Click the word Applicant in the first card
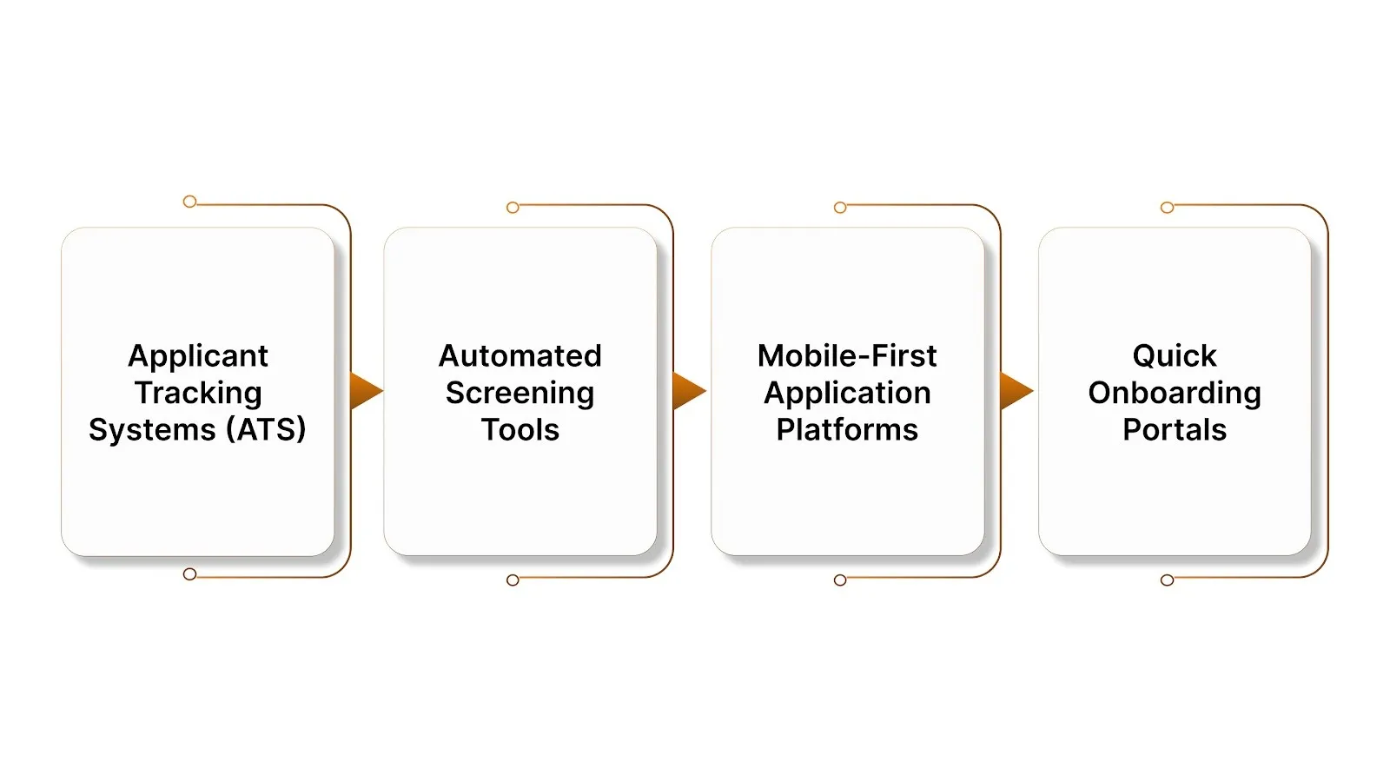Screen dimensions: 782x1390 point(198,356)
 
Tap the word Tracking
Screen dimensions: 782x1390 point(198,393)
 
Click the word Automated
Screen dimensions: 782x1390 point(520,355)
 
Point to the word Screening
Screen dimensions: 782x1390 point(520,393)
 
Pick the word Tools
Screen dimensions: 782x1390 point(520,429)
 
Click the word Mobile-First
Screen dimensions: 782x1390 point(847,355)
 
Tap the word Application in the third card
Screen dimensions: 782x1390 point(847,393)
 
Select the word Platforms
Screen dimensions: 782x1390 point(847,429)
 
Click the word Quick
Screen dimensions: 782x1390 point(1175,355)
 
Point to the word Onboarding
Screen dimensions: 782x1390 point(1175,393)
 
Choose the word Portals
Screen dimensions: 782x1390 point(1175,429)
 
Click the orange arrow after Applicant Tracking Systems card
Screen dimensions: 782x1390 point(365,391)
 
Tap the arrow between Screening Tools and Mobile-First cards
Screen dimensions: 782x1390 point(688,391)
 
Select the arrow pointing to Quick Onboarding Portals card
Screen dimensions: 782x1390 point(1015,391)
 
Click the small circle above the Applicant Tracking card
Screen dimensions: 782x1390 point(189,202)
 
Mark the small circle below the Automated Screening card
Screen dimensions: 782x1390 point(513,580)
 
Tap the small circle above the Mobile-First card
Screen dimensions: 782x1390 point(840,208)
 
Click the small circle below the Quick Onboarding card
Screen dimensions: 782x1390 point(1167,580)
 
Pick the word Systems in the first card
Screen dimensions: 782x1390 point(152,429)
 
